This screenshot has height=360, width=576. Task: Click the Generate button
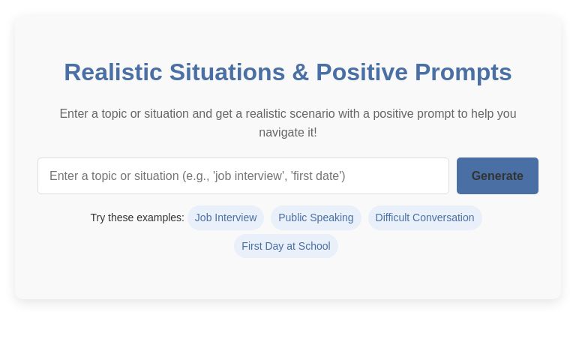pos(497,175)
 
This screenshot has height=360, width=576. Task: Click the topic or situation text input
pos(243,175)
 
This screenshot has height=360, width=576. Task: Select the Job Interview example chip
pos(226,217)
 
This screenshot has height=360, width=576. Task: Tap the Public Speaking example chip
pos(316,217)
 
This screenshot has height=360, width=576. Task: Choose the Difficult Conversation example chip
pos(424,217)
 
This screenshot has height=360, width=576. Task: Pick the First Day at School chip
pos(286,246)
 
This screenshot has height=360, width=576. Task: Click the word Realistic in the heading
pos(113,72)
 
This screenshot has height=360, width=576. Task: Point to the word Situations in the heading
pos(227,72)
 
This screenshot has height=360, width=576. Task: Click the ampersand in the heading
pos(300,72)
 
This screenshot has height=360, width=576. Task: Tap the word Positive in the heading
pos(361,72)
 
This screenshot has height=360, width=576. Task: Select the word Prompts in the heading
pos(463,72)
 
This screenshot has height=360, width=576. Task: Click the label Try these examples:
pos(137,217)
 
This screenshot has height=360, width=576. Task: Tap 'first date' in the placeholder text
pos(317,176)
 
